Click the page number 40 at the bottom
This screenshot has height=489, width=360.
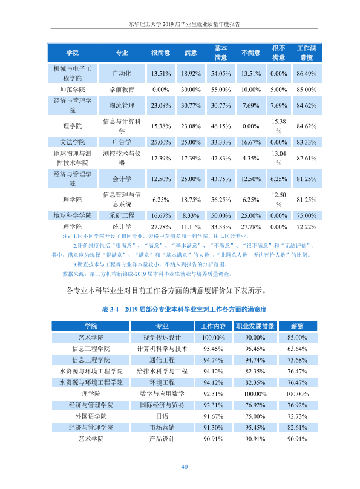[184, 467]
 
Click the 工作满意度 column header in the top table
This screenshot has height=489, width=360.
[306, 53]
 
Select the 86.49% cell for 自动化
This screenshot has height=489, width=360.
[306, 74]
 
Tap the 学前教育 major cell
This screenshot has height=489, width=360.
[122, 90]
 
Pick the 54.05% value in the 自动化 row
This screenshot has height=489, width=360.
[221, 74]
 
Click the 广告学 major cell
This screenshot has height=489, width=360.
[122, 142]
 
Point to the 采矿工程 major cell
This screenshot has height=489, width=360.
[122, 215]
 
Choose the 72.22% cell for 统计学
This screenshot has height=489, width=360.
[306, 227]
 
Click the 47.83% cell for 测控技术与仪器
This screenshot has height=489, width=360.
[221, 158]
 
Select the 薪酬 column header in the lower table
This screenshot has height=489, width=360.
[297, 326]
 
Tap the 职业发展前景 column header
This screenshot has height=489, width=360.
[255, 326]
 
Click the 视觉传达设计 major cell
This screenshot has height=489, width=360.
[162, 338]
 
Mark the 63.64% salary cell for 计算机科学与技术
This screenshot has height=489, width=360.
[297, 349]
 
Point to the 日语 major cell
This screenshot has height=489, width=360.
[162, 416]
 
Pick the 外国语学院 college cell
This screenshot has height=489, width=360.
[91, 416]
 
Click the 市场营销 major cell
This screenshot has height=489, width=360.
[162, 427]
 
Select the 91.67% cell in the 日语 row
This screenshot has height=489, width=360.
[213, 416]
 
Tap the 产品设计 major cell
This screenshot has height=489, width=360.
[162, 439]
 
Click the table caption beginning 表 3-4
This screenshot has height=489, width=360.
[184, 309]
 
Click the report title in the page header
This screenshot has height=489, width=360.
[184, 24]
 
